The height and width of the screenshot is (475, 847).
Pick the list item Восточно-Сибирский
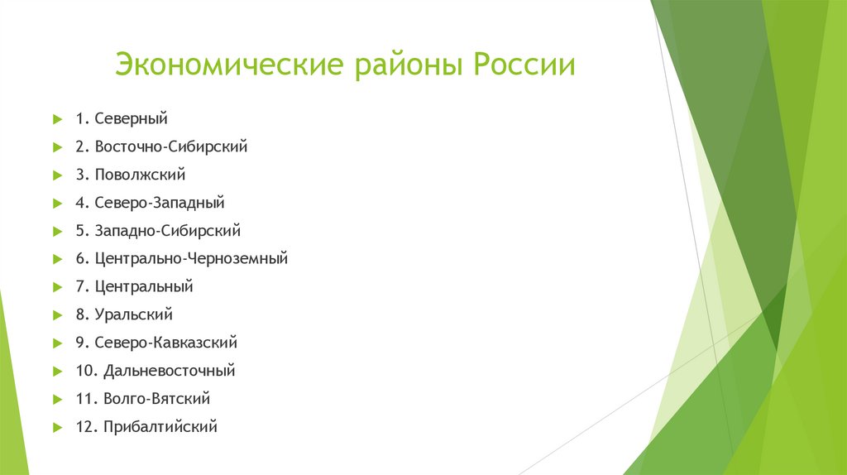pos(171,146)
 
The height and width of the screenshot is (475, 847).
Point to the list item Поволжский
pos(140,175)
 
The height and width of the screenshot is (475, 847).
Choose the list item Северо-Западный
pos(160,203)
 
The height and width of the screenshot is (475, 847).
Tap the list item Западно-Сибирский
pos(168,231)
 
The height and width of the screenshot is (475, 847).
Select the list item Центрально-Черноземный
pos(191,259)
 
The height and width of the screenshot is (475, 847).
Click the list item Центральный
pos(144,287)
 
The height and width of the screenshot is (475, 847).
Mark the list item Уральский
pos(134,314)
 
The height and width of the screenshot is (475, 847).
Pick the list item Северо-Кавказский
pos(166,343)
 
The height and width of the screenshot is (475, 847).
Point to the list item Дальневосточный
pos(170,371)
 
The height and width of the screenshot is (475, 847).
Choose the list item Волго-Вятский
pos(157,399)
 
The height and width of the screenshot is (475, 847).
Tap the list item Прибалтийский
pos(160,427)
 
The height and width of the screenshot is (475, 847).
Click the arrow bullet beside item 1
pos(57,119)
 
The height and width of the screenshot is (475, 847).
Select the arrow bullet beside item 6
pos(57,259)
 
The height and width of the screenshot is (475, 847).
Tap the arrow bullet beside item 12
pos(57,427)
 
